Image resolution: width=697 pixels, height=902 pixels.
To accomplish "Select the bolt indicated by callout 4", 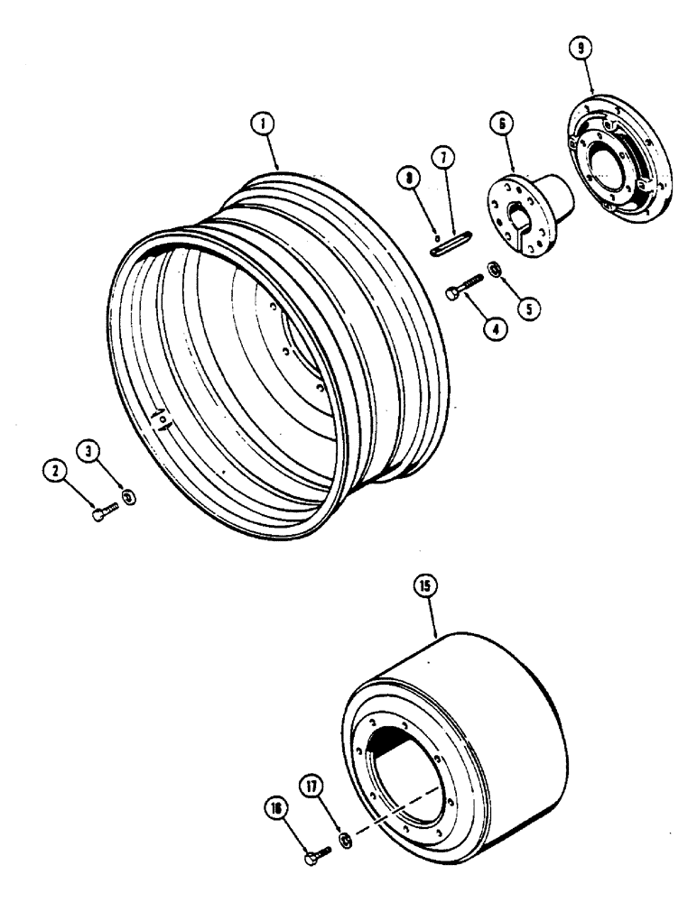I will (x=463, y=287).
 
